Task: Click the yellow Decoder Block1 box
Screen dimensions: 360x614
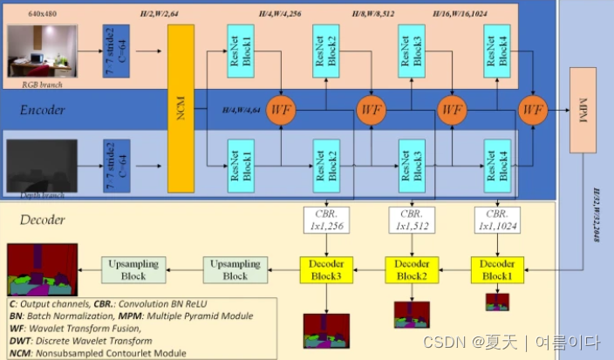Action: [498, 267]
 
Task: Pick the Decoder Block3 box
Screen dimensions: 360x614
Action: [325, 267]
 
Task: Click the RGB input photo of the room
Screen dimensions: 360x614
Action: [42, 51]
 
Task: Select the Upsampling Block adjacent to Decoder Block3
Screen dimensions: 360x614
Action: [235, 268]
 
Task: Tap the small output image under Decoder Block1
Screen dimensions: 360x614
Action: [497, 302]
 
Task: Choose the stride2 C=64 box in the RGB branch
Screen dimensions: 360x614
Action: [116, 51]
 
